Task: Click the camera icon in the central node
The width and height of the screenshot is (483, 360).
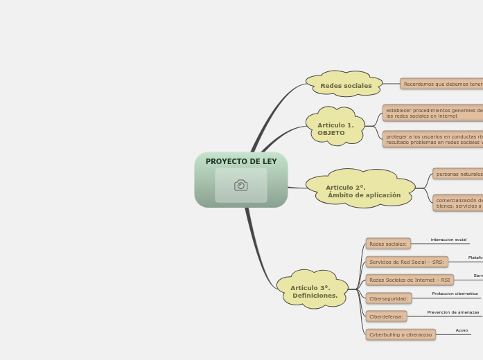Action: point(241,185)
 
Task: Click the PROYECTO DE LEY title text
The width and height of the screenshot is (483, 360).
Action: point(241,161)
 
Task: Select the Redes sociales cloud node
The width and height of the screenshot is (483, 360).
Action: point(345,85)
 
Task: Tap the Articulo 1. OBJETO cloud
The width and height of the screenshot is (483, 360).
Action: point(335,128)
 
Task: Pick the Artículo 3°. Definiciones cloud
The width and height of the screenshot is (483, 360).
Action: point(313,291)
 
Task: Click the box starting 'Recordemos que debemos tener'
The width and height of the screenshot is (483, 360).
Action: point(442,84)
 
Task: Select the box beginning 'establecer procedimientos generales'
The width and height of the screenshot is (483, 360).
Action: point(433,113)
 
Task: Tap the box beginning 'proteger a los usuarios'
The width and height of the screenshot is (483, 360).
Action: point(433,139)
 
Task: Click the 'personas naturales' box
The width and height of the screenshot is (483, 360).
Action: point(458,174)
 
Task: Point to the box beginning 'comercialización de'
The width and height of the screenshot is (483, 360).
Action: point(458,203)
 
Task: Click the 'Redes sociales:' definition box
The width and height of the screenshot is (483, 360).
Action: point(388,244)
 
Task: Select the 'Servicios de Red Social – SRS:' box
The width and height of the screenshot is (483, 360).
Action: point(407,262)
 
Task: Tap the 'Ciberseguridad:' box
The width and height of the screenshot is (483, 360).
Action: point(389,298)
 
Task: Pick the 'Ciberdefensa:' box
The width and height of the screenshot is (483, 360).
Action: point(386,316)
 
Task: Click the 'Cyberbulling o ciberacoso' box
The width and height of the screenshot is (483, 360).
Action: point(401,334)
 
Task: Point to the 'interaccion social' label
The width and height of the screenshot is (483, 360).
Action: point(448,240)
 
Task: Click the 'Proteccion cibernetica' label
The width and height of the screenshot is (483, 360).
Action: point(455,294)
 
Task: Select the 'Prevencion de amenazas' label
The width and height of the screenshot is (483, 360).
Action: point(453,312)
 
